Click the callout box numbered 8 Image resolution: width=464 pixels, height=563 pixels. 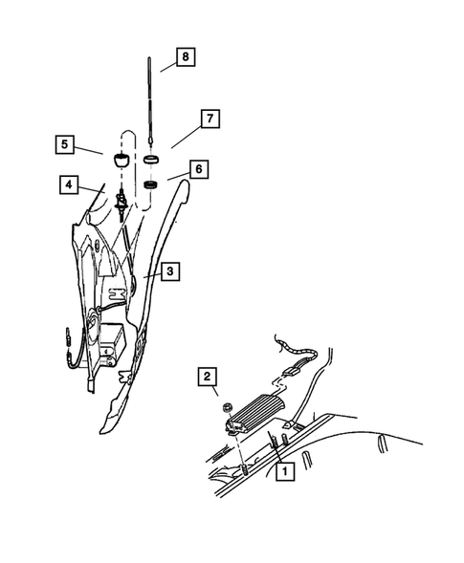(185, 56)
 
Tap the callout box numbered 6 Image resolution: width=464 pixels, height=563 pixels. (197, 168)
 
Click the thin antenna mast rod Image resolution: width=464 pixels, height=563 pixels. (152, 96)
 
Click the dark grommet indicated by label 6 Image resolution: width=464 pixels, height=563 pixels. (151, 184)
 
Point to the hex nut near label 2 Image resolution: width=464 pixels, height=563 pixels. (229, 409)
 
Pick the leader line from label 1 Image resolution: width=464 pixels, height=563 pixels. (277, 449)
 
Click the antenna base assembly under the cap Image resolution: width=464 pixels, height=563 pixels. (122, 203)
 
